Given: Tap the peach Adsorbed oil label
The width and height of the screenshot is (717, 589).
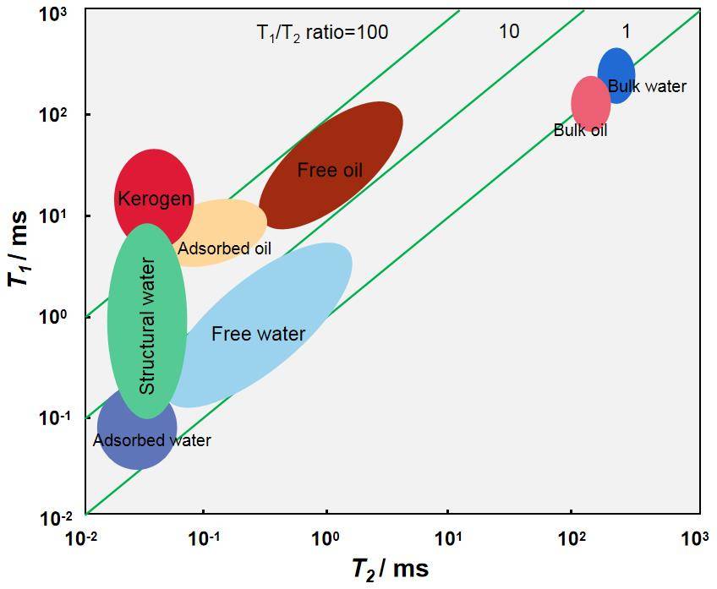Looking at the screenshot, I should [x=225, y=248].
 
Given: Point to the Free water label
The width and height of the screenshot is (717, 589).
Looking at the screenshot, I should [x=258, y=334].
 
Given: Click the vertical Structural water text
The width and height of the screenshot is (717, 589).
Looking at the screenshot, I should [x=147, y=325].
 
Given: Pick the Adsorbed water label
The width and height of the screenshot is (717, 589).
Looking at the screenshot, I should [x=152, y=440].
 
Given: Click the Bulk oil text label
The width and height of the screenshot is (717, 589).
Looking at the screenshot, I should [x=580, y=131].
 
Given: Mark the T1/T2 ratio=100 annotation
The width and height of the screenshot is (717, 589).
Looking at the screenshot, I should [x=322, y=33].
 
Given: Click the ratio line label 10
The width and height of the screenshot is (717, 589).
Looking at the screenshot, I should [x=508, y=32].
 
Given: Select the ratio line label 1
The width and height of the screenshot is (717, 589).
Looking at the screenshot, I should [x=626, y=32].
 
